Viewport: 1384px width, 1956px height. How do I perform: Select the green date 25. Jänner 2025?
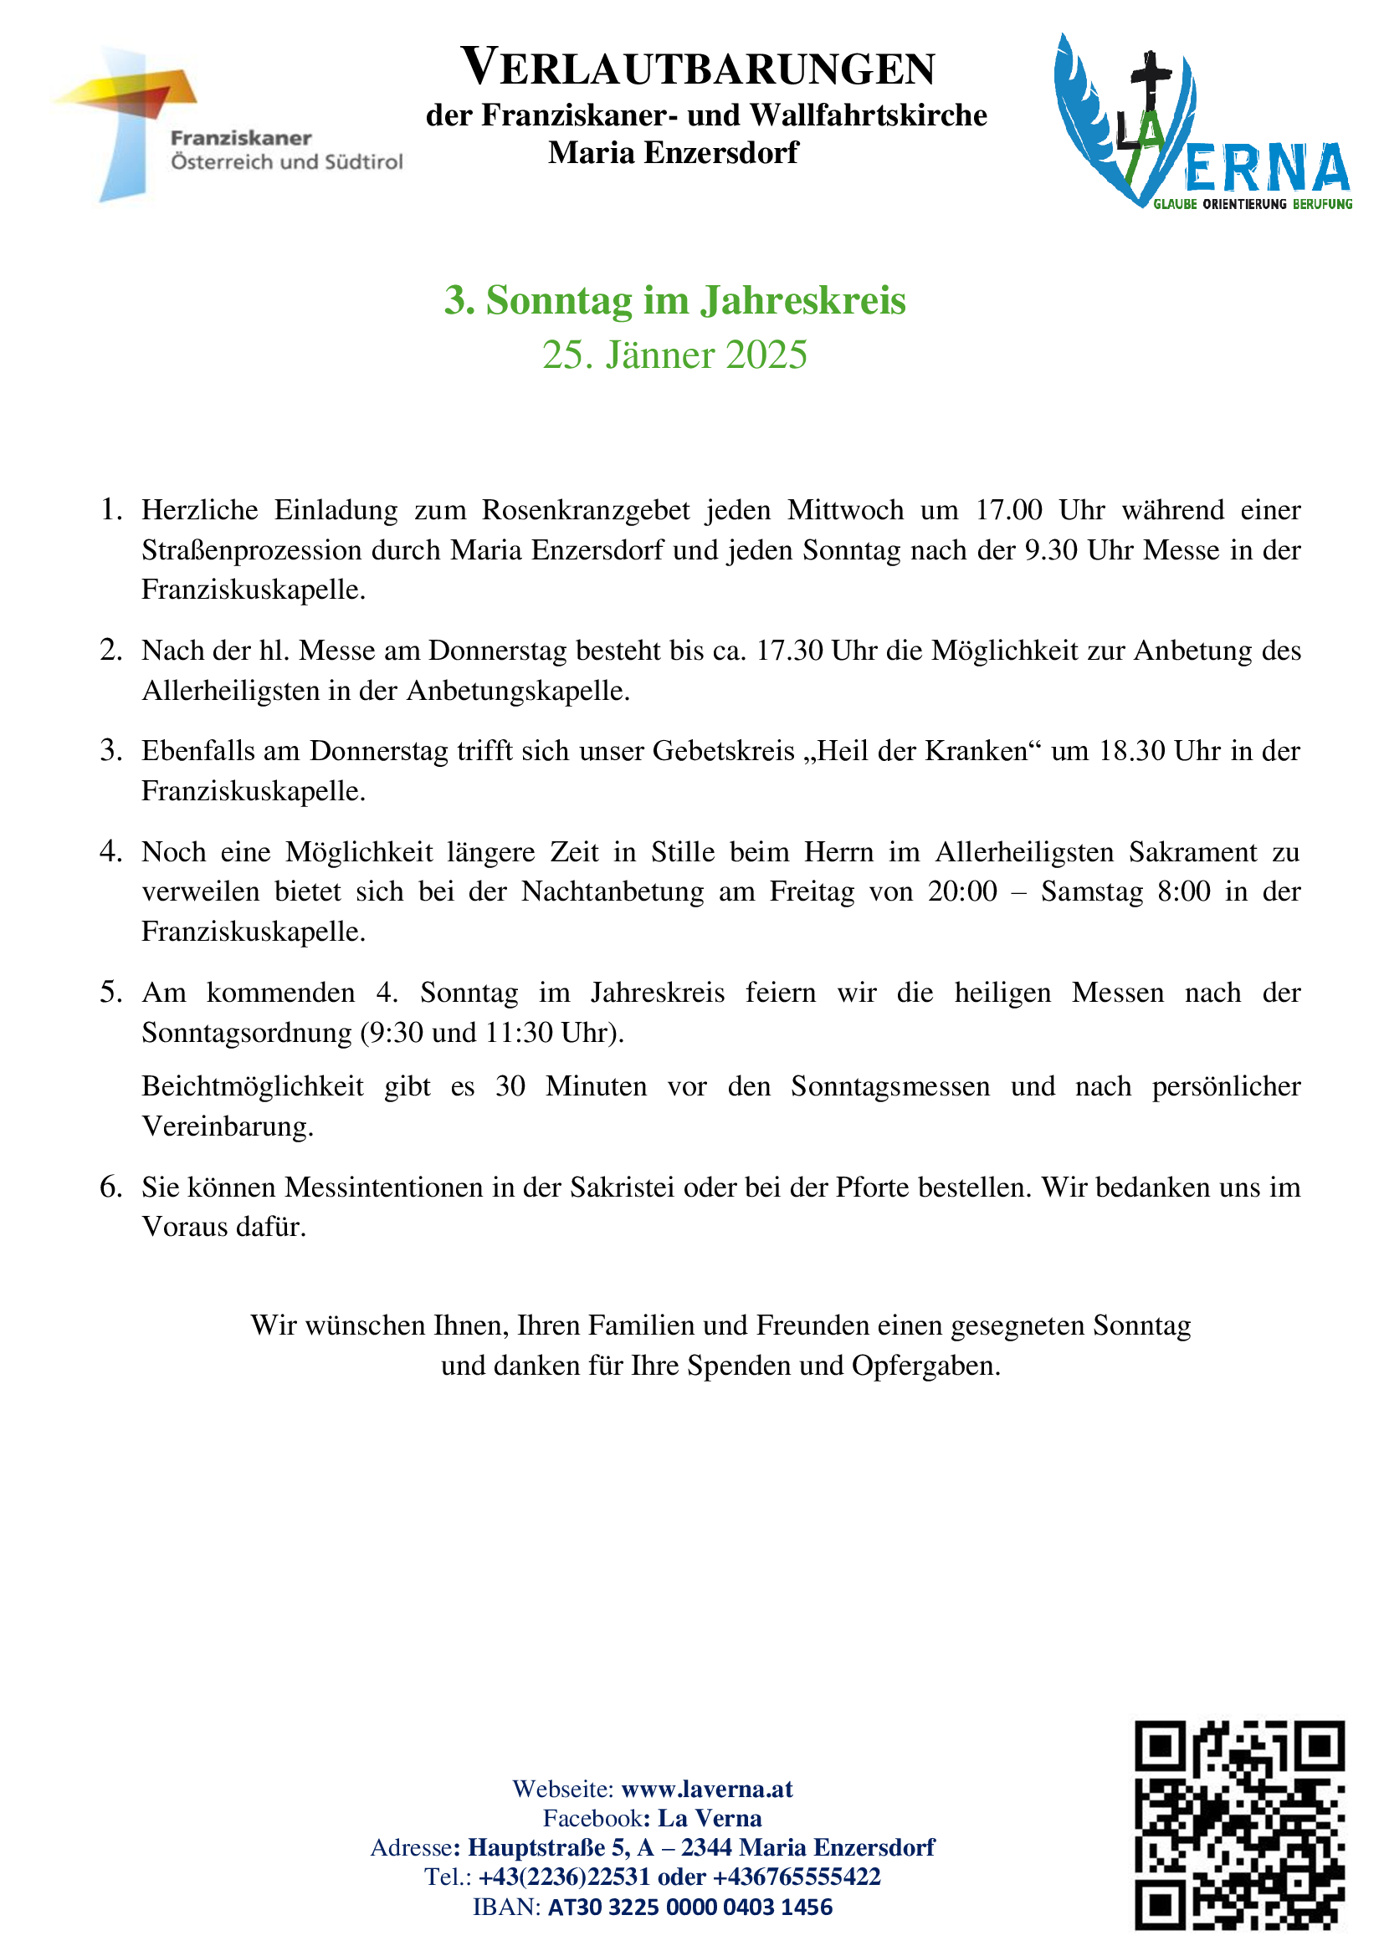pos(674,355)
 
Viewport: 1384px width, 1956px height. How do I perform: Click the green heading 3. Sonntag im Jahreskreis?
pos(674,301)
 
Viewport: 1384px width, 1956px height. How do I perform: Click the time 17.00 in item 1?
pos(1008,510)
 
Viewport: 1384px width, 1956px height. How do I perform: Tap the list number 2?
pos(110,650)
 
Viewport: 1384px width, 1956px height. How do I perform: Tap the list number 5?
pos(110,993)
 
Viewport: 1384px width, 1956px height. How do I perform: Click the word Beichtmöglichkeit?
pos(252,1086)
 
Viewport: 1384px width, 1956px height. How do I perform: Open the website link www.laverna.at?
pos(706,1788)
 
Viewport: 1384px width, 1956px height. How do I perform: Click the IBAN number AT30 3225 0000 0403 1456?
pos(689,1907)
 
